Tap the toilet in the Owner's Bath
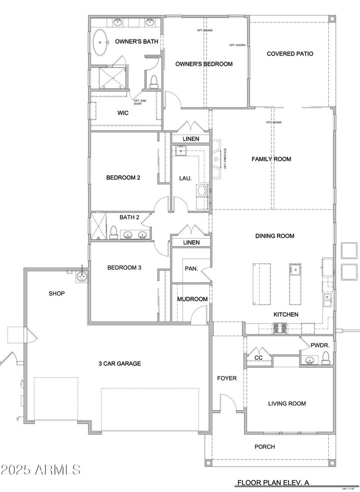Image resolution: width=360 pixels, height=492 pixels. pyautogui.click(x=153, y=81)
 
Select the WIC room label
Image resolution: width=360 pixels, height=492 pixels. pyautogui.click(x=123, y=113)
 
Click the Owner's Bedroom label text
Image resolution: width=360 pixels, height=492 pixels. pyautogui.click(x=203, y=64)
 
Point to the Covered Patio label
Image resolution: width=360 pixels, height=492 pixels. pyautogui.click(x=290, y=53)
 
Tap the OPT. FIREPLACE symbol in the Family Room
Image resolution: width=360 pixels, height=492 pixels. pyautogui.click(x=216, y=159)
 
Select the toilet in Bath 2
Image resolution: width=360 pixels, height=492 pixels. pyautogui.click(x=113, y=232)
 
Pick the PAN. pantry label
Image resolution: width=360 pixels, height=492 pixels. pyautogui.click(x=191, y=269)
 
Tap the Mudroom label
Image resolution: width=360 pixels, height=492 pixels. pyautogui.click(x=192, y=299)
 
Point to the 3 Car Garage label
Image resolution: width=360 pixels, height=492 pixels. pyautogui.click(x=119, y=364)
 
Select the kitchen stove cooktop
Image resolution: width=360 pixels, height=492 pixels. pyautogui.click(x=279, y=328)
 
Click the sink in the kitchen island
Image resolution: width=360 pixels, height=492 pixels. pyautogui.click(x=295, y=270)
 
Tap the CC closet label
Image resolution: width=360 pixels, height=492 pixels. pyautogui.click(x=258, y=358)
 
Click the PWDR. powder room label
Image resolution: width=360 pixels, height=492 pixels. pyautogui.click(x=318, y=345)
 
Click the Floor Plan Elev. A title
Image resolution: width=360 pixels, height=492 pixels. pyautogui.click(x=276, y=483)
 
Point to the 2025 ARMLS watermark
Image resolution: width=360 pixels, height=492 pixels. pyautogui.click(x=41, y=470)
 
